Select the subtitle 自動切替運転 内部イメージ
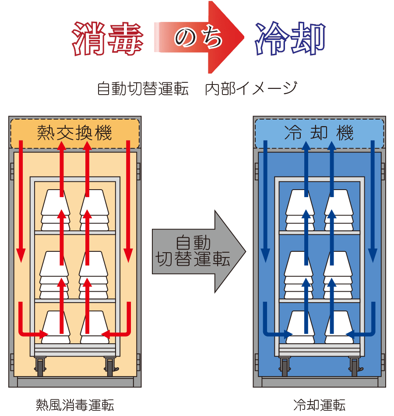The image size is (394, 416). coord(197,89)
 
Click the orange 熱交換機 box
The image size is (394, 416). coord(74,133)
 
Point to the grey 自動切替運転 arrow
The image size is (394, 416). coord(197,252)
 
